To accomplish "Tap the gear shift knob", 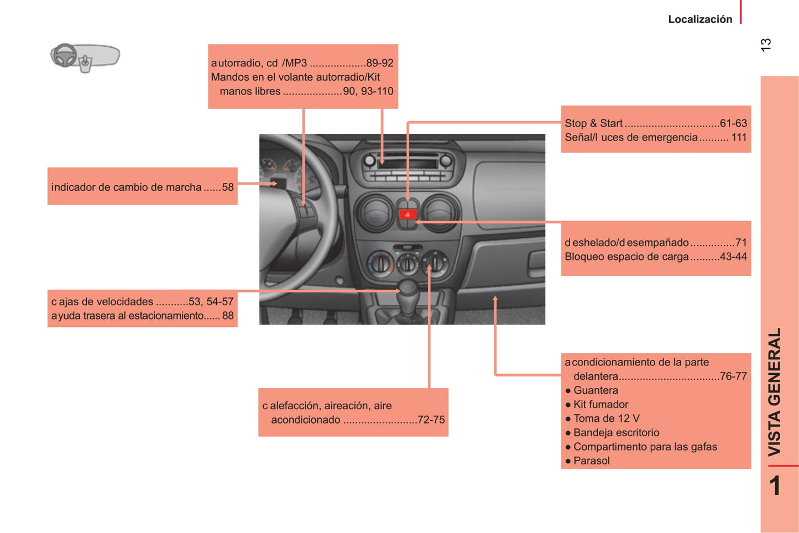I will point(408,288).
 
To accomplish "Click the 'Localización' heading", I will point(699,19).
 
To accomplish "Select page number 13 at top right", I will point(766,45).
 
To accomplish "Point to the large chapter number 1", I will point(775,485).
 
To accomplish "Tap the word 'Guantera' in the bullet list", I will point(596,390).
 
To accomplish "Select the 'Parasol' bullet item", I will point(591,461).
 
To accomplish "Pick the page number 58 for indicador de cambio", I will point(228,187).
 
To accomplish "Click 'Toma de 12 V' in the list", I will point(606,419).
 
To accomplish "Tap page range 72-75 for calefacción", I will point(431,420).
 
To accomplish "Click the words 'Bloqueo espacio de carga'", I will point(626,257).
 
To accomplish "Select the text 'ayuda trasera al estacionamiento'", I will point(128,316).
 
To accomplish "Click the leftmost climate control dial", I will point(380,262).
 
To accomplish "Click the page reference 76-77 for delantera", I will point(733,376).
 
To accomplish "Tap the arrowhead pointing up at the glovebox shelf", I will point(495,299).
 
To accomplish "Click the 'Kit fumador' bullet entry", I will point(600,404).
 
